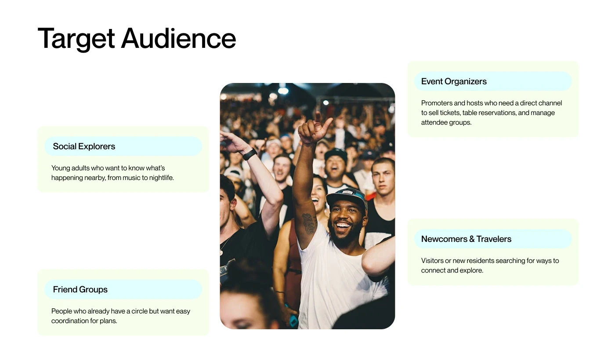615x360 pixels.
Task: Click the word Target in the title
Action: click(x=76, y=39)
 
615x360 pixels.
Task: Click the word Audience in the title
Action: click(x=178, y=38)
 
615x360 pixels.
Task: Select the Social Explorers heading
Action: click(x=84, y=146)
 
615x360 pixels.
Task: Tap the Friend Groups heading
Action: click(x=80, y=289)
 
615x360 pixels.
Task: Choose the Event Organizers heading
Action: click(x=454, y=82)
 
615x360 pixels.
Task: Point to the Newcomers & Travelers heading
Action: click(x=466, y=239)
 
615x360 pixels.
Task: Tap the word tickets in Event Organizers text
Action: click(x=450, y=113)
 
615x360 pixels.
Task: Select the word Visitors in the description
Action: click(x=432, y=261)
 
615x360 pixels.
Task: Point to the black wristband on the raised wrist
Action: click(x=250, y=155)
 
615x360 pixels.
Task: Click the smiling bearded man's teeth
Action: click(x=343, y=226)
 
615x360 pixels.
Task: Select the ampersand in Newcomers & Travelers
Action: click(x=472, y=239)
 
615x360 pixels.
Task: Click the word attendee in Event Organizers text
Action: click(x=433, y=122)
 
